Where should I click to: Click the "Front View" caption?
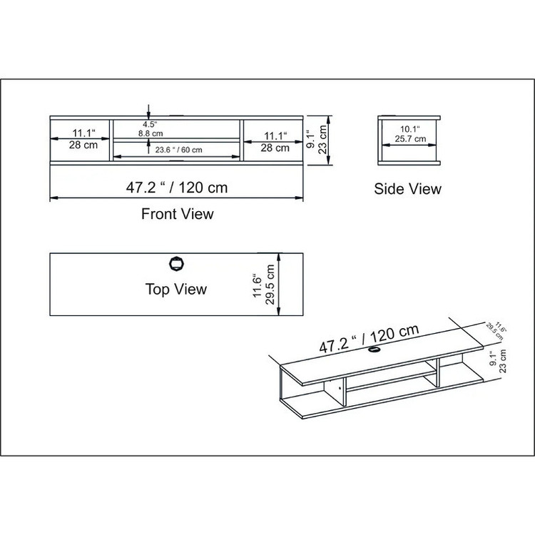[x=178, y=214]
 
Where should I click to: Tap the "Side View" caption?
[x=407, y=189]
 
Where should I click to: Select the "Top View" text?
[x=176, y=289]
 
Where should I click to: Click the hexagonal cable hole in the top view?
[x=177, y=264]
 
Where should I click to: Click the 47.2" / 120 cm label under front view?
[x=177, y=188]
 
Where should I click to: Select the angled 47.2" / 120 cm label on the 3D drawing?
[x=369, y=338]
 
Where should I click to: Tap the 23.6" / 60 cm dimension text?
[x=178, y=150]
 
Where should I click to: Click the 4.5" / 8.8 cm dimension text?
[x=151, y=129]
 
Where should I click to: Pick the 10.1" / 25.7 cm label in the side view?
[x=410, y=134]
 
